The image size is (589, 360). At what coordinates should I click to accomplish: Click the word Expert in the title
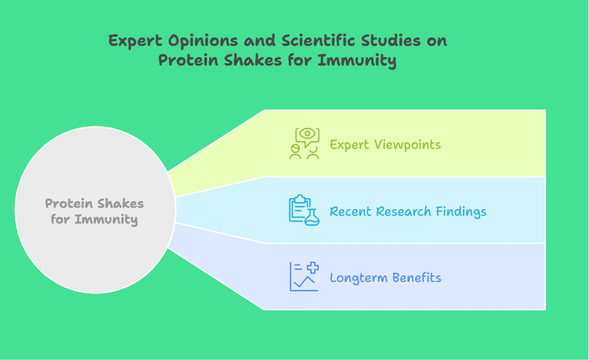point(135,40)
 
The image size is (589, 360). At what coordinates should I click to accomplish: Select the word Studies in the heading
point(391,40)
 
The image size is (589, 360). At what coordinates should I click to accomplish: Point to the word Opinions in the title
point(203,40)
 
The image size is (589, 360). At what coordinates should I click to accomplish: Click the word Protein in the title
point(188,60)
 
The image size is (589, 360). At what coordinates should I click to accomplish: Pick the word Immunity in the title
point(356,60)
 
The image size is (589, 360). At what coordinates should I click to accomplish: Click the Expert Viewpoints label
point(385,145)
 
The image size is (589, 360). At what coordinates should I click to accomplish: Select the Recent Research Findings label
point(408,212)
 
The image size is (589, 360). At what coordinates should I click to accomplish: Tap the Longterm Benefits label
point(386,278)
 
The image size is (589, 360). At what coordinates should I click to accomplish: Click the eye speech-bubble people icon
point(304,143)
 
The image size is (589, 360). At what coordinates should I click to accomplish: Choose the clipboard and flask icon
point(304,210)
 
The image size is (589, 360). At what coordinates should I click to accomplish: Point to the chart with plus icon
point(304,277)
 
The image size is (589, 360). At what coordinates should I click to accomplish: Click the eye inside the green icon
point(308,133)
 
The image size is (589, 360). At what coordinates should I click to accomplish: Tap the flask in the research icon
point(312,217)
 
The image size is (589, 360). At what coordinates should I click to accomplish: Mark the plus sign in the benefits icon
point(313,267)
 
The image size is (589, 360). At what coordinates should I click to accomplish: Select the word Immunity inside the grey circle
point(106,219)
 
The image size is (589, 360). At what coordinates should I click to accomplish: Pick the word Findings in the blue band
point(461,212)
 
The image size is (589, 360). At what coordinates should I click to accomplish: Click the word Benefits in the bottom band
point(417,278)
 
